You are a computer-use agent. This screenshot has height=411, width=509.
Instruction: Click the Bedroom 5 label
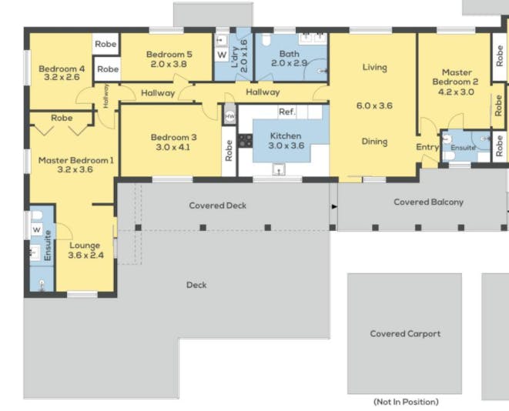tap(169, 54)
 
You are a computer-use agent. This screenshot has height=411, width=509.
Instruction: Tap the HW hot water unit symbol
tap(229, 115)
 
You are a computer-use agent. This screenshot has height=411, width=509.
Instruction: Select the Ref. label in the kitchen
tap(287, 112)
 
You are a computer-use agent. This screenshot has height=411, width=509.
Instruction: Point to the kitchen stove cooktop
tap(246, 141)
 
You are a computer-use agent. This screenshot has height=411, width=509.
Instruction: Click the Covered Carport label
tap(405, 334)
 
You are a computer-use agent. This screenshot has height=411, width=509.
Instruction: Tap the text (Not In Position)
tap(406, 402)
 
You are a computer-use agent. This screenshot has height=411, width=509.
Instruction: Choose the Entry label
tap(427, 147)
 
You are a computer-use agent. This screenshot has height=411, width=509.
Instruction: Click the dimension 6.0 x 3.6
tap(374, 105)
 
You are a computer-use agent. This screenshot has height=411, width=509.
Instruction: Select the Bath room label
tap(290, 54)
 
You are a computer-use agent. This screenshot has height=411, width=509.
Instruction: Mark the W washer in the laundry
tap(222, 55)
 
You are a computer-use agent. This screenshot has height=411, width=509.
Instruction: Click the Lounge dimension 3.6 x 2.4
tap(85, 256)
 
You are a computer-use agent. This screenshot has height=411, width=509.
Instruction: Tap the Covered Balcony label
tap(428, 202)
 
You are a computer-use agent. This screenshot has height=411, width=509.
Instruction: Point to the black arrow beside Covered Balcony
tap(334, 206)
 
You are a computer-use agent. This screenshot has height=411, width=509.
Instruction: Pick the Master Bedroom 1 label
tap(76, 160)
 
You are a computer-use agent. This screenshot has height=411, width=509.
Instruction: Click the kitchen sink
tap(279, 169)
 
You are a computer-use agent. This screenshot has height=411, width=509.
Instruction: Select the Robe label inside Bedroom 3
tap(229, 151)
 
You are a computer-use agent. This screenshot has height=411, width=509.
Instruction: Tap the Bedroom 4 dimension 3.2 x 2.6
tap(62, 77)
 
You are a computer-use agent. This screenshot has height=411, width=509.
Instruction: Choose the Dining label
tap(374, 142)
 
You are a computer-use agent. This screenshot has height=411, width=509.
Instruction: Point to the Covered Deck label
tap(217, 205)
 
